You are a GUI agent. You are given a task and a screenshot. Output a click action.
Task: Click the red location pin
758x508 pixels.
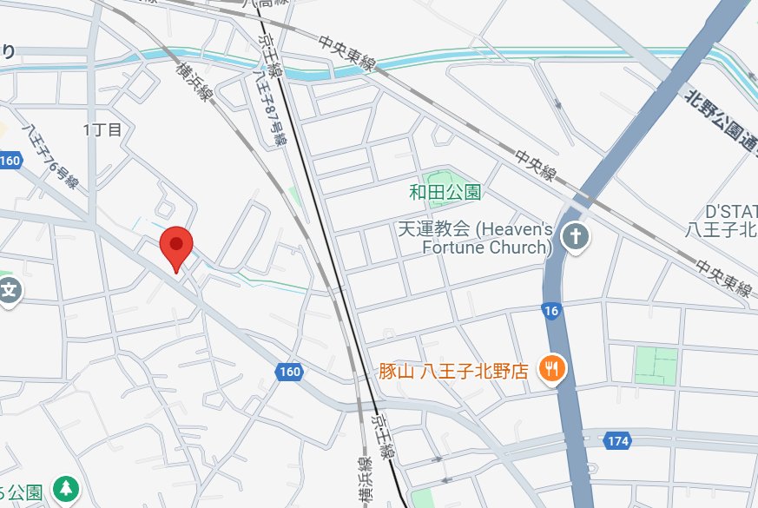177,247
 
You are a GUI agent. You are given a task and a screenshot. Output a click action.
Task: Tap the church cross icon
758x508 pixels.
573,235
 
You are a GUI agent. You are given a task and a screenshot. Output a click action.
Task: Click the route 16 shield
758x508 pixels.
550,310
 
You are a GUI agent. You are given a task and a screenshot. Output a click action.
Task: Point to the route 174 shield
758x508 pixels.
617,442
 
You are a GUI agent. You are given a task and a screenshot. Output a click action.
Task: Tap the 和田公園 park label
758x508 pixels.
445,191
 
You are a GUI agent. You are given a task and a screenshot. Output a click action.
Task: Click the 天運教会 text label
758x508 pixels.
433,229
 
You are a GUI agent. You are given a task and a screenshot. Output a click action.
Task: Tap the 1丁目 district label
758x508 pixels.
102,130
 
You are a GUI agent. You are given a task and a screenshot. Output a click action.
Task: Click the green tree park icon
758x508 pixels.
65,489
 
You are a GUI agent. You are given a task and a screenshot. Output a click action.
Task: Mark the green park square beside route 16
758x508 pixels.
656,365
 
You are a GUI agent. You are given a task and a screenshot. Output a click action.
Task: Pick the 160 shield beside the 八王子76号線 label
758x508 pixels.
10,161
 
